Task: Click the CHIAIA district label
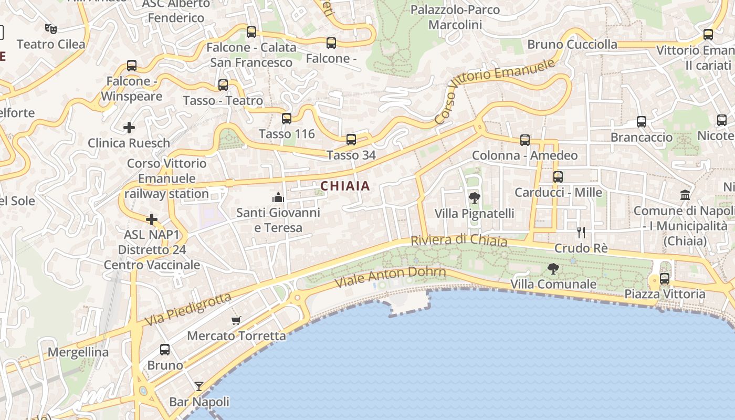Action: click(345, 186)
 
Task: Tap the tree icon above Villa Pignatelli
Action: click(474, 198)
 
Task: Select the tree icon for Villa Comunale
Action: click(553, 269)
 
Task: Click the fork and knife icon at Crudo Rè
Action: click(581, 232)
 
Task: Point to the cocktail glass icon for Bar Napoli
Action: click(199, 386)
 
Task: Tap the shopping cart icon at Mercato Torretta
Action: click(236, 320)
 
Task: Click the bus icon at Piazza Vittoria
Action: click(665, 278)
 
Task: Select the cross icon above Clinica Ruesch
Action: click(129, 127)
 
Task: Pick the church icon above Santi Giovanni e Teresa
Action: click(278, 197)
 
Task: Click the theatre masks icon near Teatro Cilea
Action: click(50, 28)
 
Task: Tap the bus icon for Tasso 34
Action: click(351, 140)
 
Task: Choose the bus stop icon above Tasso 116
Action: click(286, 118)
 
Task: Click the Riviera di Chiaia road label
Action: click(459, 240)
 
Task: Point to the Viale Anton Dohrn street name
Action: click(390, 277)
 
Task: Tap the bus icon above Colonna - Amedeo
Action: click(524, 140)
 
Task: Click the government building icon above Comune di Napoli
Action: click(685, 195)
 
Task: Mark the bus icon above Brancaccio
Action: click(641, 122)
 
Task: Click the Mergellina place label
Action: click(78, 352)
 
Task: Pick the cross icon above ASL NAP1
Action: click(152, 219)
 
